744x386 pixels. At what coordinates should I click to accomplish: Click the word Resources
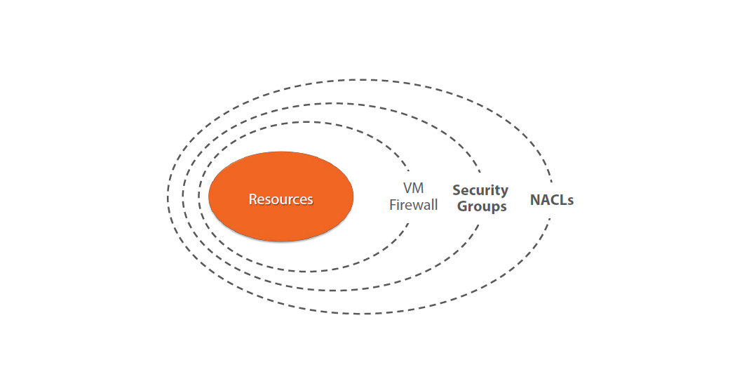pos(280,199)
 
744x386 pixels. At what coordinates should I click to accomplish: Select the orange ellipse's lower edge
pos(280,241)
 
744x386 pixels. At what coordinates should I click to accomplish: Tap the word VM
pos(414,188)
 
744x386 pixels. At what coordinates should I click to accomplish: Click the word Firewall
pos(414,205)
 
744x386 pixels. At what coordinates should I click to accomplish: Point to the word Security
pos(480,190)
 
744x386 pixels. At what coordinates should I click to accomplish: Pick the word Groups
pos(480,206)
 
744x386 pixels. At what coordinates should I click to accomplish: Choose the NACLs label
pos(552,200)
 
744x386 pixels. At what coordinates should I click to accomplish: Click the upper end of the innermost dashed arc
pos(409,171)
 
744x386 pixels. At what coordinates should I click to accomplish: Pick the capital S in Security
pos(456,190)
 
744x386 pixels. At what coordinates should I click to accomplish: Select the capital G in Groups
pos(459,206)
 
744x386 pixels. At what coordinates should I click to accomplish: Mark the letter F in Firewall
pos(393,205)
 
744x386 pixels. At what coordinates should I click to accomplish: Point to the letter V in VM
pos(407,188)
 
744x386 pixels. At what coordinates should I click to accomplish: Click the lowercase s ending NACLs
pos(571,201)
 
